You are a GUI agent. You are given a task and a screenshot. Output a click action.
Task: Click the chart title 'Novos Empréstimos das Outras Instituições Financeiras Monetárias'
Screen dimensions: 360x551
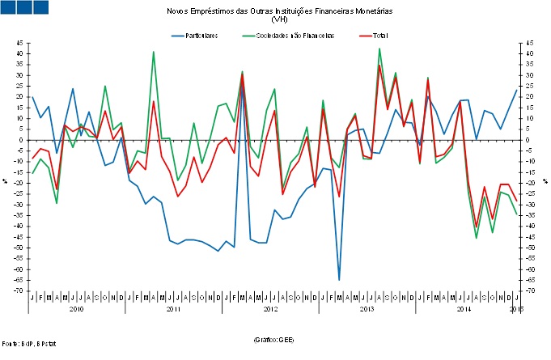coord(278,11)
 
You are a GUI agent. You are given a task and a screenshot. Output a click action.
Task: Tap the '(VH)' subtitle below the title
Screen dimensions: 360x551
coord(279,19)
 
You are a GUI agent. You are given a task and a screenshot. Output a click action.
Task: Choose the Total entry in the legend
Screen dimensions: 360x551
coord(379,36)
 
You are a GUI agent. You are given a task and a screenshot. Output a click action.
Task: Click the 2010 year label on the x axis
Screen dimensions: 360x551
coord(76,309)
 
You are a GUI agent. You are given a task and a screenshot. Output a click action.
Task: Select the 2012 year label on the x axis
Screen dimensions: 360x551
coord(269,309)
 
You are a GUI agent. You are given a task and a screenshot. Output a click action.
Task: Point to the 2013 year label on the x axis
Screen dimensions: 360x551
coord(367,309)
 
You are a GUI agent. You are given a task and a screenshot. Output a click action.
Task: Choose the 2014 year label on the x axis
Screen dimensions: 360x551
coord(464,309)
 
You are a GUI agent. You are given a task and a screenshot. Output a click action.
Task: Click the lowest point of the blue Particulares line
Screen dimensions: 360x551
coord(339,280)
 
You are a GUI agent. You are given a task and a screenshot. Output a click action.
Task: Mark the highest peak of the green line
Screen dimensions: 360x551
coord(379,49)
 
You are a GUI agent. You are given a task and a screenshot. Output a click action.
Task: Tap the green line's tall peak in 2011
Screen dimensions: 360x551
coord(154,52)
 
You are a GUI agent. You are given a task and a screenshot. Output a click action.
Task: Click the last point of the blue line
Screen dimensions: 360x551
coord(516,90)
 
